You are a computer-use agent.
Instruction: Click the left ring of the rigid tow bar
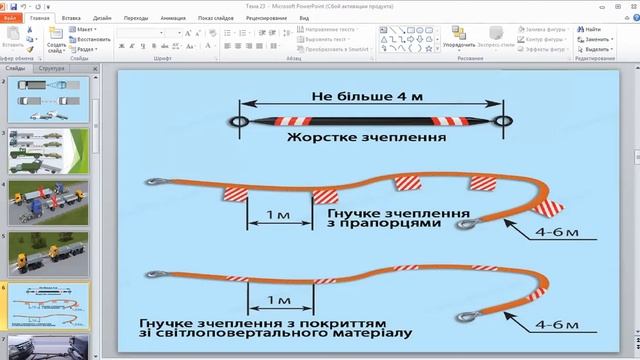tap(238, 121)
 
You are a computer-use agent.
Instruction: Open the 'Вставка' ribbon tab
tap(71, 18)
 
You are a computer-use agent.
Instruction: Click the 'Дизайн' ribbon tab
tap(104, 18)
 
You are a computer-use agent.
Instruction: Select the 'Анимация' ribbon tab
tap(171, 18)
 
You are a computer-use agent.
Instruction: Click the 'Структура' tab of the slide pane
tap(52, 68)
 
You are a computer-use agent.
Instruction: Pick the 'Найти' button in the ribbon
tap(593, 30)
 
